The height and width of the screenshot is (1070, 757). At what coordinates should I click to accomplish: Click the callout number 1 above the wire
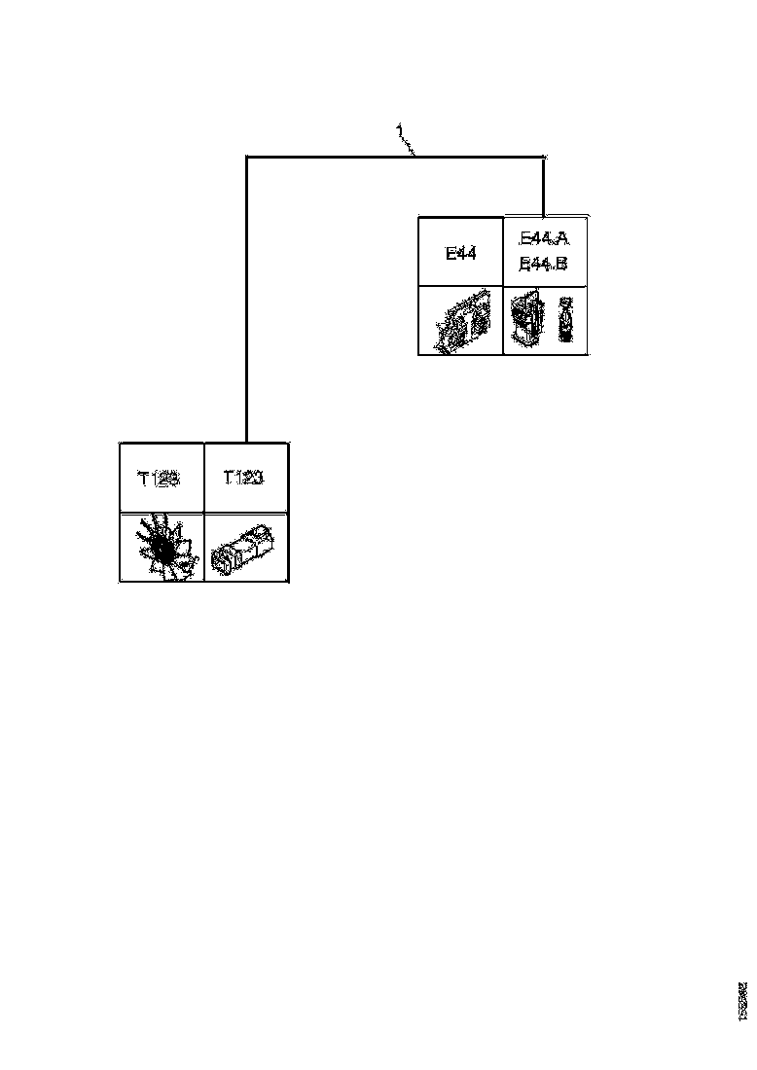click(399, 129)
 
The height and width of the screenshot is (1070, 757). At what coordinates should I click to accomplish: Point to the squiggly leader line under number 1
click(410, 145)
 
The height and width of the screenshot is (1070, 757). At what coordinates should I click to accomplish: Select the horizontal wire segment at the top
click(331, 156)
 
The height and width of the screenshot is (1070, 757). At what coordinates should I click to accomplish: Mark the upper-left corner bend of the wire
click(247, 156)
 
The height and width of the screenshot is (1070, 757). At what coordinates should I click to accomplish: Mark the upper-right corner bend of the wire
click(544, 156)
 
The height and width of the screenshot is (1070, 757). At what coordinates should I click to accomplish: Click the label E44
click(460, 253)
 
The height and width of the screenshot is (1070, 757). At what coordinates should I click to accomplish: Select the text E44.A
click(544, 239)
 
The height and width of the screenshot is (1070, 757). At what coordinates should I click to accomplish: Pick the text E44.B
click(544, 264)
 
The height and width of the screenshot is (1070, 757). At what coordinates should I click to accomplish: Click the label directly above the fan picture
click(161, 478)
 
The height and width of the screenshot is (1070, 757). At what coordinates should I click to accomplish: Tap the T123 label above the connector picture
click(244, 478)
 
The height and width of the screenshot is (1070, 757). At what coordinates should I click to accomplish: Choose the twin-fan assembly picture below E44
click(460, 322)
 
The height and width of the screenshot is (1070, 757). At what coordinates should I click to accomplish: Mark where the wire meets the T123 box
click(247, 443)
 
